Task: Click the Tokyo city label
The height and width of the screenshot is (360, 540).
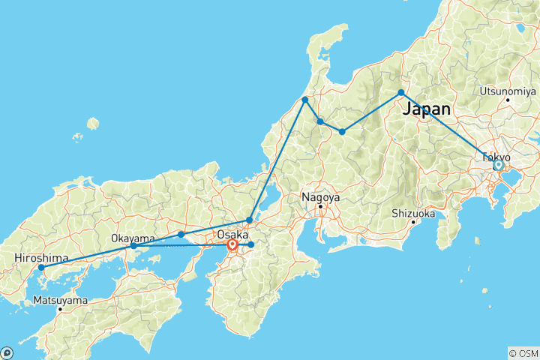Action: [496, 157]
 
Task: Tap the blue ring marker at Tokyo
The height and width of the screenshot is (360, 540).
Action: [497, 165]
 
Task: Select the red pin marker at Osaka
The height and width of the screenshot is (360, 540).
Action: [232, 244]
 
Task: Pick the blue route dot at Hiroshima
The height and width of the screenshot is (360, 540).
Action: [41, 268]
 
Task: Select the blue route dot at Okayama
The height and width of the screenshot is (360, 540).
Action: [133, 246]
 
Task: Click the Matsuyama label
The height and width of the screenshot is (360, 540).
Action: [60, 300]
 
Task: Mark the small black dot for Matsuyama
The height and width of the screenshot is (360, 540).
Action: [60, 308]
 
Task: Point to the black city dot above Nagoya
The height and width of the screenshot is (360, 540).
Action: [320, 206]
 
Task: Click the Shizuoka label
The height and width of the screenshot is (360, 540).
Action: [413, 213]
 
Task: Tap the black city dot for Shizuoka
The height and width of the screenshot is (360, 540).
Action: [413, 221]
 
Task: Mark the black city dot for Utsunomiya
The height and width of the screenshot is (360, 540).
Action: [508, 99]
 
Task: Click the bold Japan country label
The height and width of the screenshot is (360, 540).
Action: [427, 109]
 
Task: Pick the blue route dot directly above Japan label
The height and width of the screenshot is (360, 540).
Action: [401, 93]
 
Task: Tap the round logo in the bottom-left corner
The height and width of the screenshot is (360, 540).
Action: [7, 352]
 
